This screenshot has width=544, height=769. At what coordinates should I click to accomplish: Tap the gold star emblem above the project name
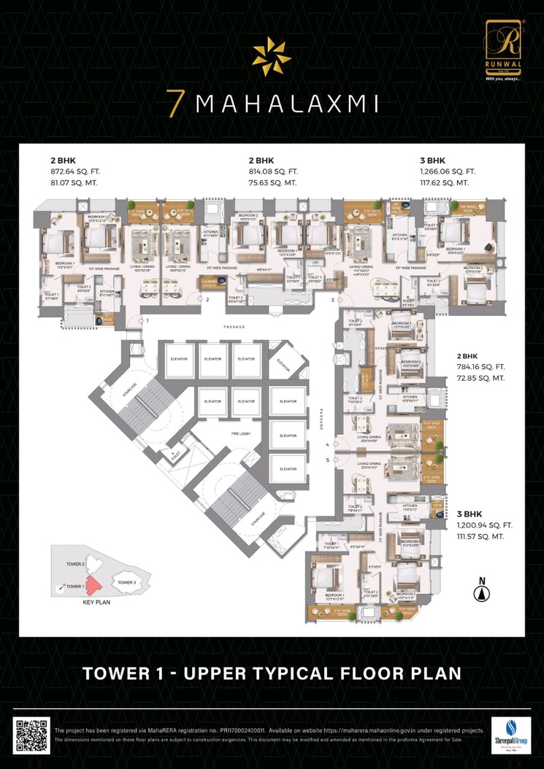(x=271, y=57)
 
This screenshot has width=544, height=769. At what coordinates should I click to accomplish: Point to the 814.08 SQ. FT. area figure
(x=275, y=171)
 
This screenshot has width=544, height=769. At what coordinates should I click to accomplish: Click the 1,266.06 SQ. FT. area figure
(x=450, y=171)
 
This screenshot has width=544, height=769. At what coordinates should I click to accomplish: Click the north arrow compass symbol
(x=480, y=590)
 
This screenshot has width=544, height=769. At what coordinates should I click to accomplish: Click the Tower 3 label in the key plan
(x=126, y=582)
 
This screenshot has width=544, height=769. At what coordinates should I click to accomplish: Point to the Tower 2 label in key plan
(x=76, y=564)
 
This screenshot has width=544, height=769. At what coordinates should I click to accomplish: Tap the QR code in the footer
(x=32, y=735)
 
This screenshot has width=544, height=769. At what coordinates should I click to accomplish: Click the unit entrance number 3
(x=332, y=300)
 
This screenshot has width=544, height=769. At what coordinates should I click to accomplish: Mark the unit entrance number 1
(x=147, y=320)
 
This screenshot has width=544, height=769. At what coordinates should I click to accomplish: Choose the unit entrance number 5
(x=327, y=460)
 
